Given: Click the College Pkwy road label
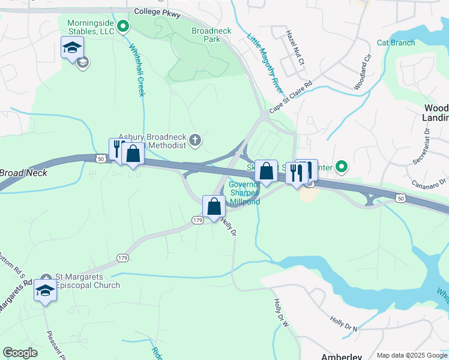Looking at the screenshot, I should [158, 11].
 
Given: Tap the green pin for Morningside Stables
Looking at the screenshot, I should [124, 26].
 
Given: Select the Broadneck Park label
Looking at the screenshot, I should [206, 35].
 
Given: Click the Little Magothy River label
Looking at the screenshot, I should [265, 63].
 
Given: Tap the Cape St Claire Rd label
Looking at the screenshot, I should [291, 98].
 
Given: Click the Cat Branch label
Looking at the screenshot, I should [396, 43].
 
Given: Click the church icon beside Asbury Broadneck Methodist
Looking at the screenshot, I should [194, 141].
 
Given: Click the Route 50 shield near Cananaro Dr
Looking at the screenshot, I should [401, 197].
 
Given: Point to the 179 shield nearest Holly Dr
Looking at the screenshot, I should [197, 220].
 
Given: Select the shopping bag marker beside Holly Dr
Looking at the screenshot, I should [214, 206].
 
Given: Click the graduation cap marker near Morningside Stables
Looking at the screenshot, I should [72, 47].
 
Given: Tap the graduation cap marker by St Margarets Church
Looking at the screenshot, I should [45, 290].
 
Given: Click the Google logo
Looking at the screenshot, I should [20, 353].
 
